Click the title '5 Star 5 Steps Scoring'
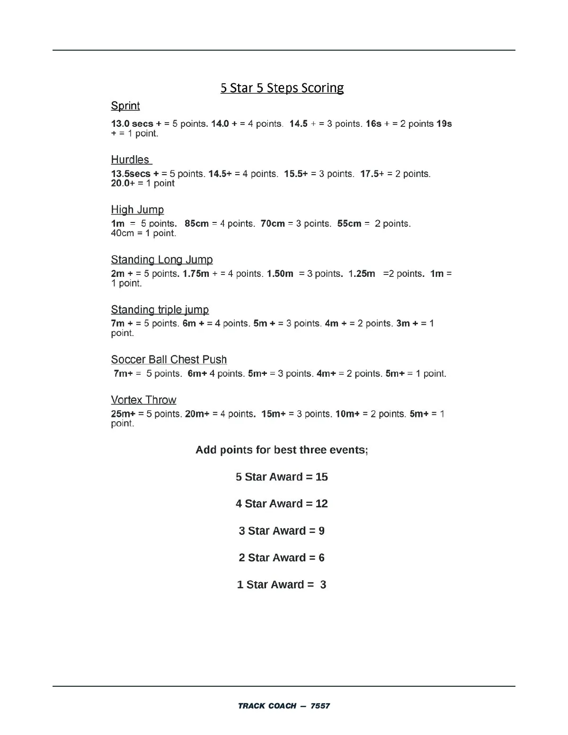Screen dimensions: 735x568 coord(282,88)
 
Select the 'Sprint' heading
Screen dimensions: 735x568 coord(125,106)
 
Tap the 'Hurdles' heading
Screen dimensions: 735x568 coord(130,160)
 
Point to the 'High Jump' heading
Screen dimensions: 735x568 coord(137,210)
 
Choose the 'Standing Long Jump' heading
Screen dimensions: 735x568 coord(162,260)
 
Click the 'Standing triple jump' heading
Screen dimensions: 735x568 coord(160,310)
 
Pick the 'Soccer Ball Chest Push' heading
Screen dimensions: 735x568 coord(169,360)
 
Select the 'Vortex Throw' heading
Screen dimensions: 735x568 coord(143,400)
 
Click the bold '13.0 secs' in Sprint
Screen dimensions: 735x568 coord(132,124)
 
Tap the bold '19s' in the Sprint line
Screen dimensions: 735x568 coord(444,124)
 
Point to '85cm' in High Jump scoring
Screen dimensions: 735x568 coord(196,224)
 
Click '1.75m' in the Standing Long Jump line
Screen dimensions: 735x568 coord(195,274)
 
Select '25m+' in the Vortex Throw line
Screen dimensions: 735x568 coord(123,414)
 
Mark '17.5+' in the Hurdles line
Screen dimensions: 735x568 coord(372,174)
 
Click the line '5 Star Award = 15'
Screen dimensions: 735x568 coord(282,477)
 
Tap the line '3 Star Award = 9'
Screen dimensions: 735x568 coord(282,531)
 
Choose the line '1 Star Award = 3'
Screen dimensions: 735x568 coord(282,585)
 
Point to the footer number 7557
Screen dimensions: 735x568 coord(320,706)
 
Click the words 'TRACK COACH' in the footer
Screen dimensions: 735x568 coord(267,706)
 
